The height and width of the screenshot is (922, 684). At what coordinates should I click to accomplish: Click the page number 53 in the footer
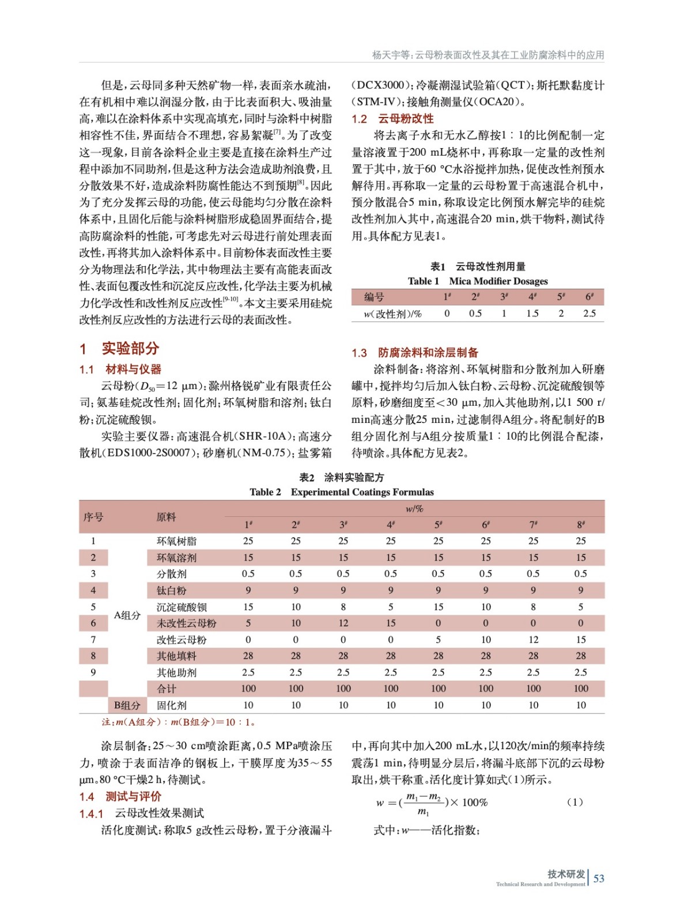click(599, 878)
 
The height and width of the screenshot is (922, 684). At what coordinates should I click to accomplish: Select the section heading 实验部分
click(130, 348)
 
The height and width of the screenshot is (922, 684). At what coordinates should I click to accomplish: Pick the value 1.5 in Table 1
click(532, 313)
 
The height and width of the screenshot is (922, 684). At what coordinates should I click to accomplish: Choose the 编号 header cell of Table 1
click(374, 297)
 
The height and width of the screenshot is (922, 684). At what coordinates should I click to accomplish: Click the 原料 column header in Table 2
click(167, 517)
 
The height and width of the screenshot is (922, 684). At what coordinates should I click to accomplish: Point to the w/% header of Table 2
click(414, 508)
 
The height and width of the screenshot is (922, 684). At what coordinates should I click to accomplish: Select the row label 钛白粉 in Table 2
click(171, 590)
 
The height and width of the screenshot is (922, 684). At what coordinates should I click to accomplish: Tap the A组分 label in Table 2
click(127, 615)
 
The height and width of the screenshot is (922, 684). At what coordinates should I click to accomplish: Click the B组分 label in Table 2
click(127, 705)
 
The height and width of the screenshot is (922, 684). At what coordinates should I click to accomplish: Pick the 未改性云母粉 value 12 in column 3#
click(343, 623)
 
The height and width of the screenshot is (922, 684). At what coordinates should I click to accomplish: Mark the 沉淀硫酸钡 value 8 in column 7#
click(533, 607)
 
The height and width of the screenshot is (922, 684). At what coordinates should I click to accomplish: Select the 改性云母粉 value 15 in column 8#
click(580, 640)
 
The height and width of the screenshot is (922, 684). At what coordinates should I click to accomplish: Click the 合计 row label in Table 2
click(167, 689)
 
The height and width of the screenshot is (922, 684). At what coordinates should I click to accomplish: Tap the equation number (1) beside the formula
click(575, 802)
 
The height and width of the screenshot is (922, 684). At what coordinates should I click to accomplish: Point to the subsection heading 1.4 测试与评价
click(120, 796)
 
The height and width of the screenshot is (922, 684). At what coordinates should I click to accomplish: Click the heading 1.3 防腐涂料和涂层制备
click(415, 353)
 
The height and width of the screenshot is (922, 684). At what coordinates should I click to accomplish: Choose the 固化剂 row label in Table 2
click(171, 705)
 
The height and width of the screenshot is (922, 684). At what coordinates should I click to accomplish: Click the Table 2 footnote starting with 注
click(178, 722)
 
